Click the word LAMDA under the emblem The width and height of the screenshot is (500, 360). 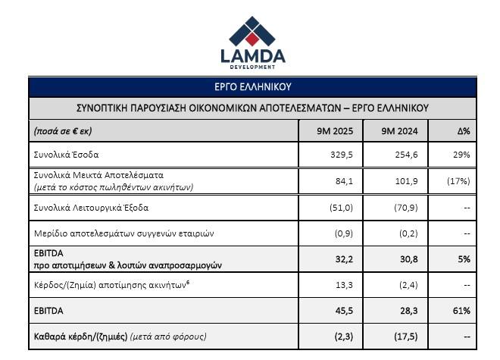click(x=253, y=56)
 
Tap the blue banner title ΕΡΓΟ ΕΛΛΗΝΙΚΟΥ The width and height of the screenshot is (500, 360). click(x=254, y=86)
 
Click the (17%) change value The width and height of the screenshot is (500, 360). click(x=458, y=180)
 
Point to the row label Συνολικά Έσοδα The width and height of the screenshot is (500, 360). click(x=67, y=154)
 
